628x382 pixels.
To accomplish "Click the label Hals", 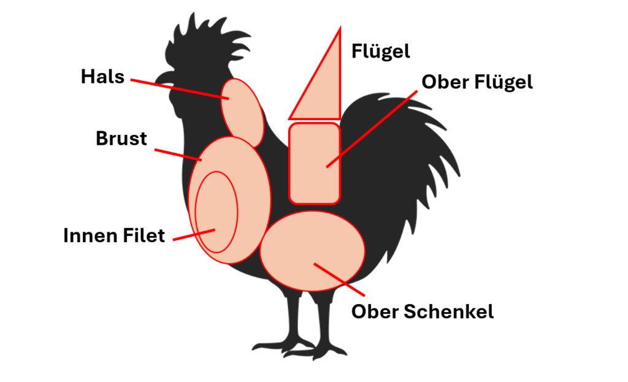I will pyautogui.click(x=102, y=77).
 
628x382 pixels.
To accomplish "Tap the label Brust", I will pyautogui.click(x=121, y=138).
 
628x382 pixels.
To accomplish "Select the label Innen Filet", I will pyautogui.click(x=114, y=235).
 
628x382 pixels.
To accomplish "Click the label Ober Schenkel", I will pyautogui.click(x=422, y=311).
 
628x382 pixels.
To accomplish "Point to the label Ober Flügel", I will pyautogui.click(x=477, y=82).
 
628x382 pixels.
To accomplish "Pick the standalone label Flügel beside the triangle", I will pyautogui.click(x=380, y=51).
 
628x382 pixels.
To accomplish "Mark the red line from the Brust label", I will pyautogui.click(x=178, y=154).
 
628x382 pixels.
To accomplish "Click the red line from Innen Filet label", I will pyautogui.click(x=194, y=235).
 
